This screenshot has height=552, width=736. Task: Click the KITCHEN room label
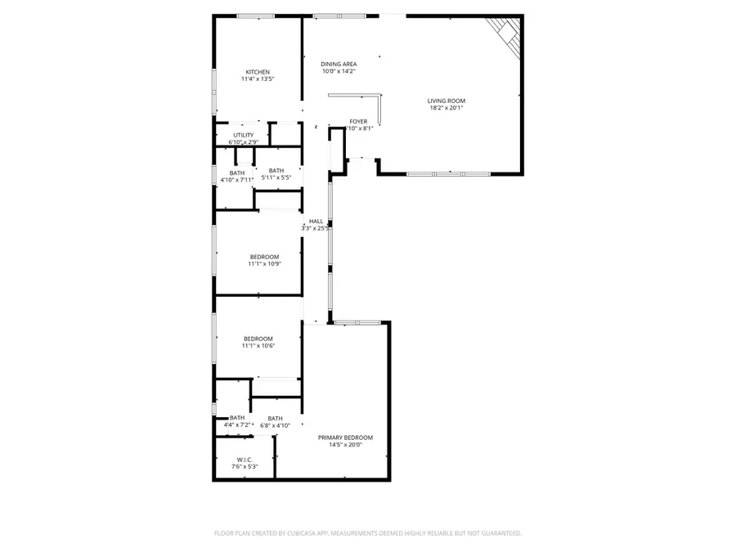click(258, 72)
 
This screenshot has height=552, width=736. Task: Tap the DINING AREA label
click(338, 64)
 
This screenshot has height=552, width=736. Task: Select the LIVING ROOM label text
click(446, 101)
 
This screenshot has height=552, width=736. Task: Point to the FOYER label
click(358, 121)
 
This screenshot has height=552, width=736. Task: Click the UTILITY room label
click(243, 135)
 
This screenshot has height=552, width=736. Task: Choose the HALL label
click(316, 221)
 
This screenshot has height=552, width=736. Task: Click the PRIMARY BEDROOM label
click(345, 438)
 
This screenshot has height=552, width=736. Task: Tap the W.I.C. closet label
click(244, 459)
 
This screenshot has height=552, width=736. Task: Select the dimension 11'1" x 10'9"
click(264, 263)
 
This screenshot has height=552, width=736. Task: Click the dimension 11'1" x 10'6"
click(258, 345)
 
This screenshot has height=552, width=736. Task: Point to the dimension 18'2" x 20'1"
click(446, 108)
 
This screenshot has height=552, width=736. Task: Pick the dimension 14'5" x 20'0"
click(345, 445)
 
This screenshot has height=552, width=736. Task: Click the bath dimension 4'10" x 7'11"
click(236, 180)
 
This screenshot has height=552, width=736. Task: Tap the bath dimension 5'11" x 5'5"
click(276, 177)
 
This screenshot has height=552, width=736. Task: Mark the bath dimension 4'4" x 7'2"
click(236, 424)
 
